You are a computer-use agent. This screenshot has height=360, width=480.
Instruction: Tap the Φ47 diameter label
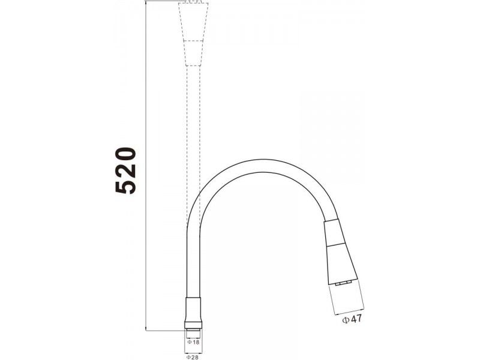pyautogui.click(x=352, y=319)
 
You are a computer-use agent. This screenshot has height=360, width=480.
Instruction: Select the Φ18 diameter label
pyautogui.click(x=193, y=342)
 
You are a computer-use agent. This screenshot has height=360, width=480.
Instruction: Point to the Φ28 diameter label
pyautogui.click(x=192, y=357)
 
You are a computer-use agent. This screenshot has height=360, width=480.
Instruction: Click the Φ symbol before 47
pyautogui.click(x=346, y=320)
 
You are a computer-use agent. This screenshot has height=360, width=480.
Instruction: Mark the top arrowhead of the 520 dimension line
pyautogui.click(x=145, y=2)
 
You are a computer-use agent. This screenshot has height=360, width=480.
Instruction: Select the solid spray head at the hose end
pyautogui.click(x=339, y=250)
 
